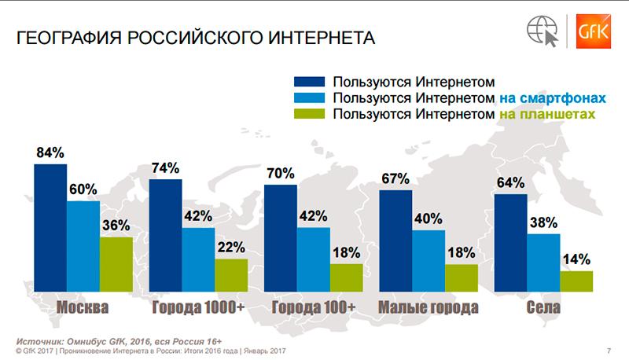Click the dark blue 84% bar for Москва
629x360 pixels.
(50, 228)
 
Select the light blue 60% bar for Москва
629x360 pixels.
(83, 247)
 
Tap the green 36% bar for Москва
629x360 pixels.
(116, 264)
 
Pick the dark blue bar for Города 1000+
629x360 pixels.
(166, 236)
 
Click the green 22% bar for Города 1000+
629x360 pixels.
(230, 274)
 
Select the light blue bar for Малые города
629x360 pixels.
(428, 260)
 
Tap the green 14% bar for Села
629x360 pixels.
(576, 281)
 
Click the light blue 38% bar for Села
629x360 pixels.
(543, 263)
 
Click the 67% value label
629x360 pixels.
(395, 178)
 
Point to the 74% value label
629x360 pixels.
(166, 167)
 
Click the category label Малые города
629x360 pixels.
(428, 307)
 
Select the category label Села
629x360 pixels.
(543, 307)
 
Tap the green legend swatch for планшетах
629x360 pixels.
(309, 116)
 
